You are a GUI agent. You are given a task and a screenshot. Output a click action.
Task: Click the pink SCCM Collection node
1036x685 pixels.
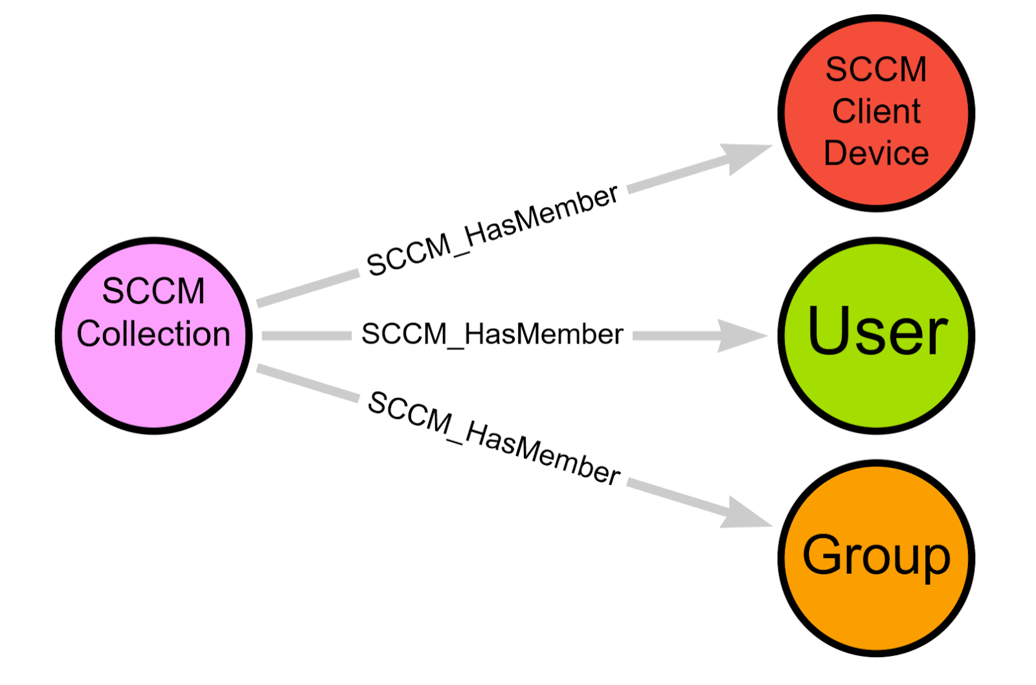coord(153,376)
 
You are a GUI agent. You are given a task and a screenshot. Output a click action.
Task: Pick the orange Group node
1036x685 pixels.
coord(876,609)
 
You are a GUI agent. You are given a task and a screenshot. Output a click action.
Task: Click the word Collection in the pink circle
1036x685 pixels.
coord(153,334)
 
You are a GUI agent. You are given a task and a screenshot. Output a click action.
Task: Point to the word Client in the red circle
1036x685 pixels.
coord(876,111)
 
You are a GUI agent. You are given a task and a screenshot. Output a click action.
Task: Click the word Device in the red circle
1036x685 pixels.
coord(876,153)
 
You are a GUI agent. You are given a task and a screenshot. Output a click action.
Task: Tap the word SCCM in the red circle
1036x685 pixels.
coord(876,69)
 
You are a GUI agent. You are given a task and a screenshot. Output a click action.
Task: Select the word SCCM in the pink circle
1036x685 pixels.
coord(153,291)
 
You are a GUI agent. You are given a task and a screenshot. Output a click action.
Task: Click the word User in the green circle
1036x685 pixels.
coord(877,332)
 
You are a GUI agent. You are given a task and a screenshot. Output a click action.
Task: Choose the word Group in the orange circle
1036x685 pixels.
coord(876,556)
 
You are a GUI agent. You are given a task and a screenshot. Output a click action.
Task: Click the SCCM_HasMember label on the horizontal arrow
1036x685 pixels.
coord(492,335)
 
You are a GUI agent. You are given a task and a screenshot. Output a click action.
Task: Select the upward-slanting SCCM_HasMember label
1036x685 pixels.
coord(492,230)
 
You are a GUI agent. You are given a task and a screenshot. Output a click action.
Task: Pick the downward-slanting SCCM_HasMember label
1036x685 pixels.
coord(493,438)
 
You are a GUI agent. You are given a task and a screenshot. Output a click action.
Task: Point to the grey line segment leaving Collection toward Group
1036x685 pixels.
coord(308,382)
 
